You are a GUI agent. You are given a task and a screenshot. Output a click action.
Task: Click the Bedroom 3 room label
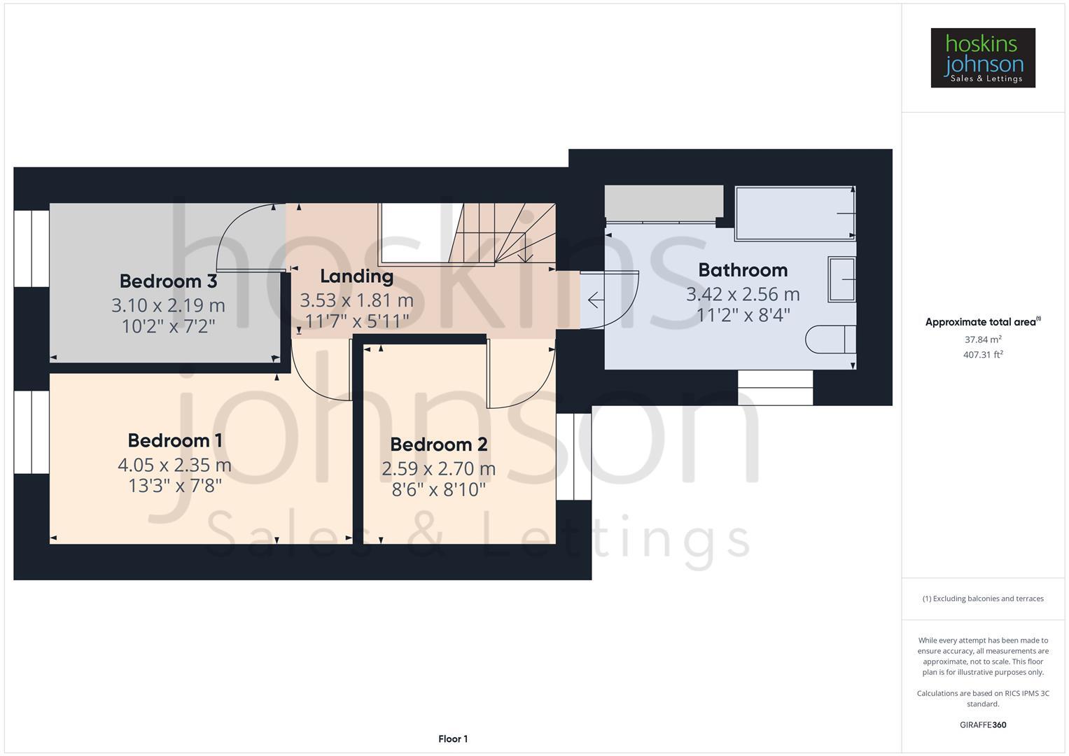click(x=168, y=281)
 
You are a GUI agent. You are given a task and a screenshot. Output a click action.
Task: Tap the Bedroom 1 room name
click(x=175, y=441)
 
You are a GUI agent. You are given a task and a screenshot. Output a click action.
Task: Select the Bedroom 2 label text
click(x=438, y=444)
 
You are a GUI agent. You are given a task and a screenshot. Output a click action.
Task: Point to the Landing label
click(x=356, y=276)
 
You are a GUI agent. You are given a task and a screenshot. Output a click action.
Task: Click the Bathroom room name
click(x=743, y=270)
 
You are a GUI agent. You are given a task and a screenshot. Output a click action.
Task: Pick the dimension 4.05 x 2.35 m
click(x=174, y=465)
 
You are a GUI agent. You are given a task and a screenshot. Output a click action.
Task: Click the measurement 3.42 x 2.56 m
click(x=743, y=294)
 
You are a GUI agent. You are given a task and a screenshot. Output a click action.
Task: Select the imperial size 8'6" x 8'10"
click(x=438, y=489)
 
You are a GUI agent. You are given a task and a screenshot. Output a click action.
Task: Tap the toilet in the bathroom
click(x=830, y=339)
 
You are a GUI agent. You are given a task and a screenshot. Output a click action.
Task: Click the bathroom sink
click(x=841, y=279)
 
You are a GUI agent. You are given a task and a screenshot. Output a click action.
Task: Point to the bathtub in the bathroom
click(x=795, y=213)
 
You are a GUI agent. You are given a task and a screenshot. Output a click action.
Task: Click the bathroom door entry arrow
click(x=595, y=300)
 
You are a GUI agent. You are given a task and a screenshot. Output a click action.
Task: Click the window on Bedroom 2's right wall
click(x=574, y=456)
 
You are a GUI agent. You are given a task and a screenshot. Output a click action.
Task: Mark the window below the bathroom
click(x=775, y=388)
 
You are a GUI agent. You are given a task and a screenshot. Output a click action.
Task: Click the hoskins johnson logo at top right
click(x=983, y=58)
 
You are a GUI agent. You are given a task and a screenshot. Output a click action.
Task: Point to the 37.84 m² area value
click(x=983, y=340)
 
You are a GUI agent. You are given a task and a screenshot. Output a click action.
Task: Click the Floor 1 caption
click(x=453, y=739)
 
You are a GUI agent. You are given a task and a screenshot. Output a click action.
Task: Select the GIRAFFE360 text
click(x=983, y=725)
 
